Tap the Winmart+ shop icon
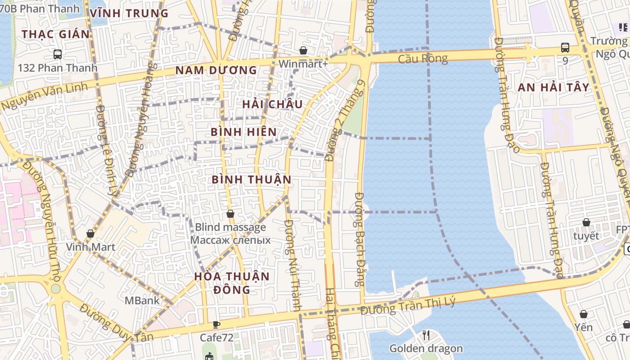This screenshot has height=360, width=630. pos(303,50)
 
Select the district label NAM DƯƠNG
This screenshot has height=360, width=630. pos(216,70)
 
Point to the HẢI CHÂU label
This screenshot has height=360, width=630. pos(272,104)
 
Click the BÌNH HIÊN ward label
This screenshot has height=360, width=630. pos(243,132)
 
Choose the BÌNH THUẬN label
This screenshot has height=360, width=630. pos(252,180)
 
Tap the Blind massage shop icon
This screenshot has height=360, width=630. pos(230,214)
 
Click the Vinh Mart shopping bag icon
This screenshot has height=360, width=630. pos(90,234)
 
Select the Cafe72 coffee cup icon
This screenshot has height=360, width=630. pos(216,324)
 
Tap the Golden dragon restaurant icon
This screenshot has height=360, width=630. pos(426,335)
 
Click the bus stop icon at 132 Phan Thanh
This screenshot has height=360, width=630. pos(58,54)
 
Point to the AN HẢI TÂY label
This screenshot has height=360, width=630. pos(553,88)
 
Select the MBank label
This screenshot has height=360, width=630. pos(142,300)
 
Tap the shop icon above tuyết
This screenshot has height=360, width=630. pos(586,222)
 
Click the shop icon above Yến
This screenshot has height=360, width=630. pos(584,314)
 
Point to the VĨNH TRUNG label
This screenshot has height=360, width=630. pos(129,13)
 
